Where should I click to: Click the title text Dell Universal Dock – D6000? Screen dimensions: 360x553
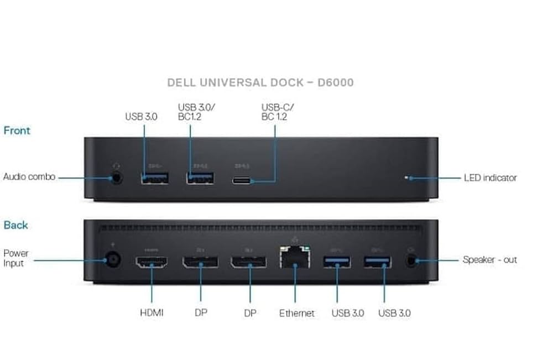point(260,83)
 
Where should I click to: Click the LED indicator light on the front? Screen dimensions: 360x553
point(407,178)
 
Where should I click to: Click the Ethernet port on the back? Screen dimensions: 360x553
point(295,259)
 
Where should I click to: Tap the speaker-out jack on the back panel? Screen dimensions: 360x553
point(411,260)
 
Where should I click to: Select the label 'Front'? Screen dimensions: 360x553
point(17,131)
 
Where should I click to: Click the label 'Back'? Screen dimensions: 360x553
point(15,225)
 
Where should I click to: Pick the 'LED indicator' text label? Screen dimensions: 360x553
point(490,178)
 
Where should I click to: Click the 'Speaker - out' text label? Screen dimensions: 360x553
point(489,260)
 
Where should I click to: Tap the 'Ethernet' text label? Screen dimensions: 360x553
point(296,313)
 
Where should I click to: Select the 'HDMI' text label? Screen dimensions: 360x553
point(152,313)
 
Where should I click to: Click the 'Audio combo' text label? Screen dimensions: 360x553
point(29,178)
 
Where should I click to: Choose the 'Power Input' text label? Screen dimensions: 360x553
point(16,258)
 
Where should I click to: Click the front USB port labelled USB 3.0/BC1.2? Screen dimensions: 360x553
point(200,179)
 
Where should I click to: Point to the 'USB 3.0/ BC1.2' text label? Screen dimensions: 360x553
point(196,112)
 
